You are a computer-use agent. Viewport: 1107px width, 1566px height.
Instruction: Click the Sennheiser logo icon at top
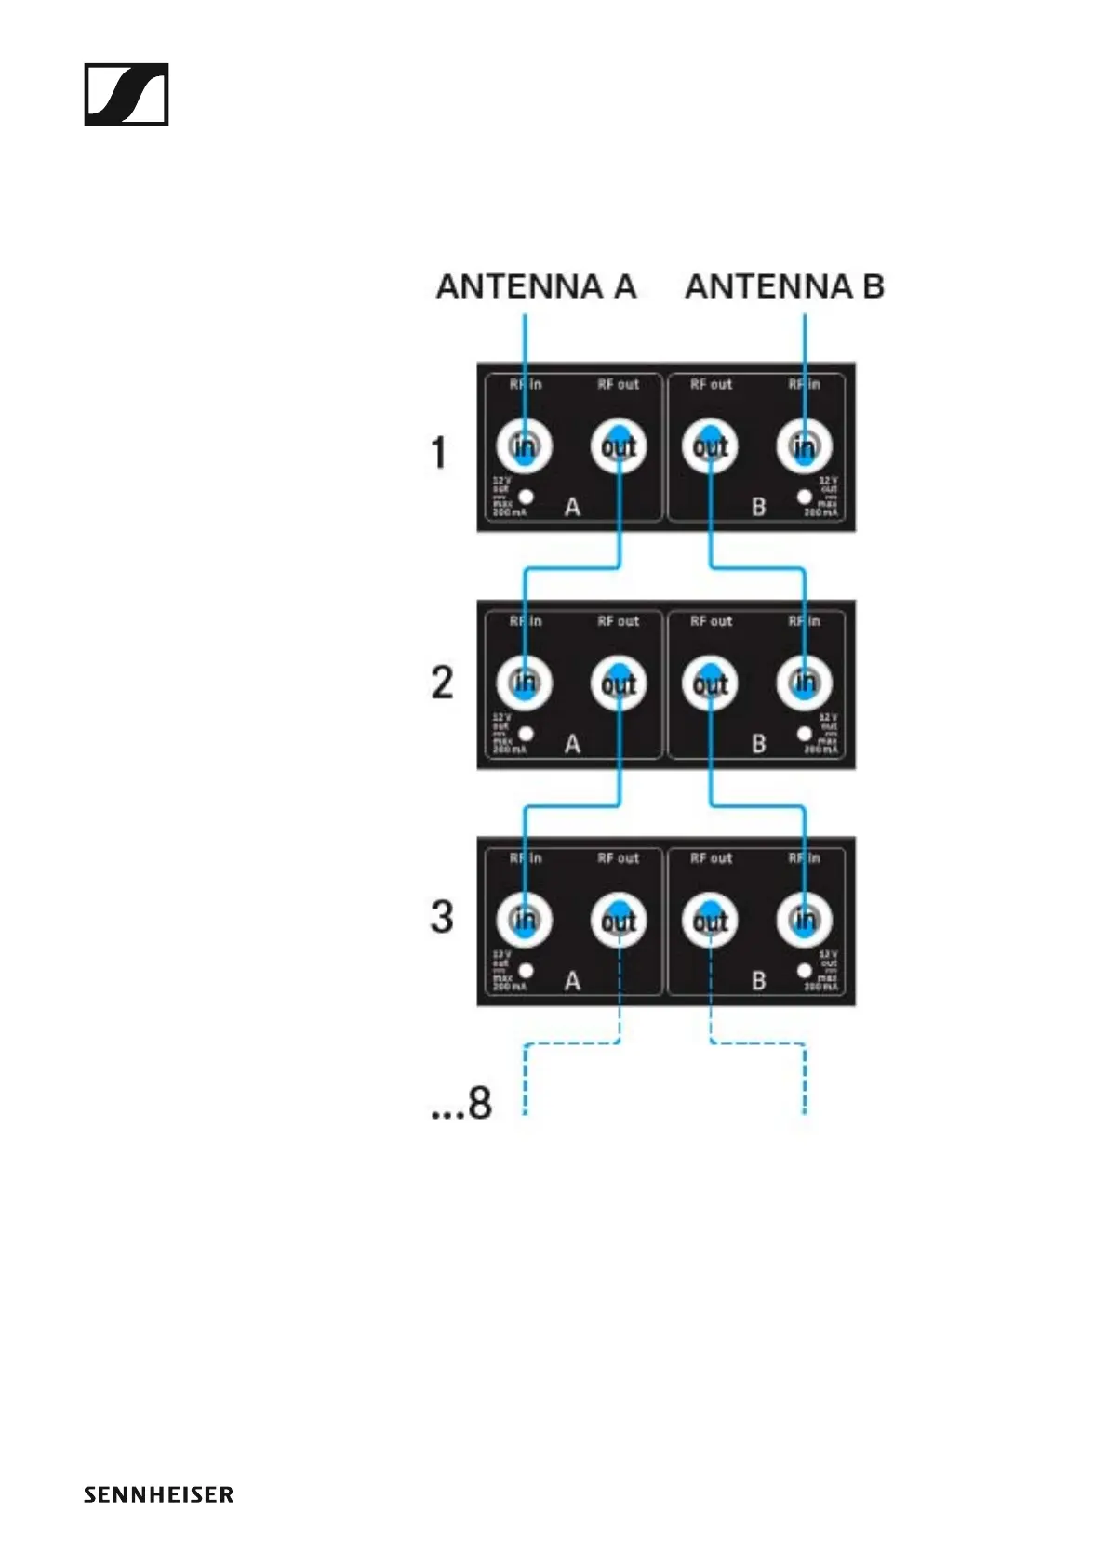pos(127,94)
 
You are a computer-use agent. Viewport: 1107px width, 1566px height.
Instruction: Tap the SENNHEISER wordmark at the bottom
pos(158,1494)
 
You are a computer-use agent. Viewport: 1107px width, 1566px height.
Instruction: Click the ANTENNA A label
pos(536,286)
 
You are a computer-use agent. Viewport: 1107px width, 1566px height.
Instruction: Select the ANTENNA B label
pos(784,286)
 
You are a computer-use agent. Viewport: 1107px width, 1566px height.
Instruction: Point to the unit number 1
pos(439,453)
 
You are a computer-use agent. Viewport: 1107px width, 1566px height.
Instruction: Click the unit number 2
pos(442,683)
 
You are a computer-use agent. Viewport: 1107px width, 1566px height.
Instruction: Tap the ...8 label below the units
pos(461,1103)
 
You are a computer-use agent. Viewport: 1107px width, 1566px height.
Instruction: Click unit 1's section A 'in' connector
pos(525,447)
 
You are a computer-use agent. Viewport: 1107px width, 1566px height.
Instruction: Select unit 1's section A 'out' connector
pos(619,447)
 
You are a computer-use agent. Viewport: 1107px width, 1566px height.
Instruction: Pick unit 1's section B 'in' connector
pos(805,447)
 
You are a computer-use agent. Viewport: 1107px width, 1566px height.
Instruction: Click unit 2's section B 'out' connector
pos(711,684)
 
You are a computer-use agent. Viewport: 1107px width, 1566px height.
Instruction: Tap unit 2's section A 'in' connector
pos(525,683)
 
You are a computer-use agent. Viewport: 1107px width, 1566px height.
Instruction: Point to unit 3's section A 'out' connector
pos(619,921)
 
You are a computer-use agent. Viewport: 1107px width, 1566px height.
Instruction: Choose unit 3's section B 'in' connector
pos(805,921)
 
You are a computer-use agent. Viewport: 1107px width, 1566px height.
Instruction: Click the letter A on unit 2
pos(572,744)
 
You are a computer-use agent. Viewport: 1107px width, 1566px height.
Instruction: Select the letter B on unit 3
pos(759,981)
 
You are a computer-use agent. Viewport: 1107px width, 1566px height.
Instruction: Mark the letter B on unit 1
pos(759,507)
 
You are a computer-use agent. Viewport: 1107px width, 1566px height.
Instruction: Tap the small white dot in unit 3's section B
pos(805,971)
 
